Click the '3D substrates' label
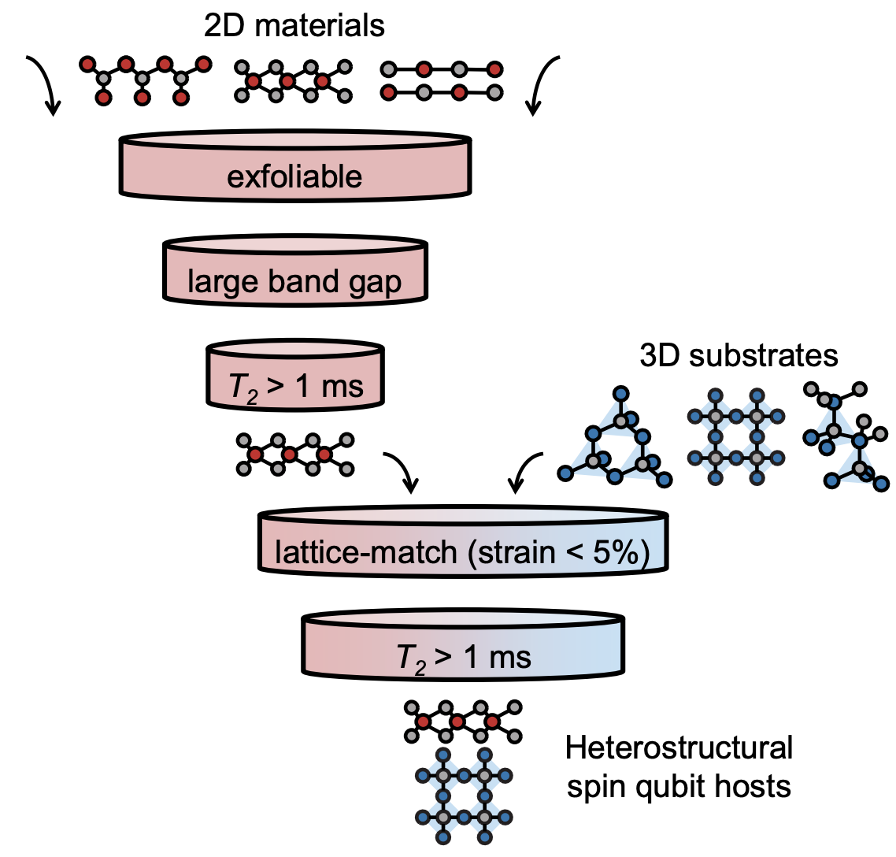pyautogui.click(x=739, y=356)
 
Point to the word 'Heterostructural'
pyautogui.click(x=679, y=747)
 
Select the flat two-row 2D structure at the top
pyautogui.click(x=441, y=81)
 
